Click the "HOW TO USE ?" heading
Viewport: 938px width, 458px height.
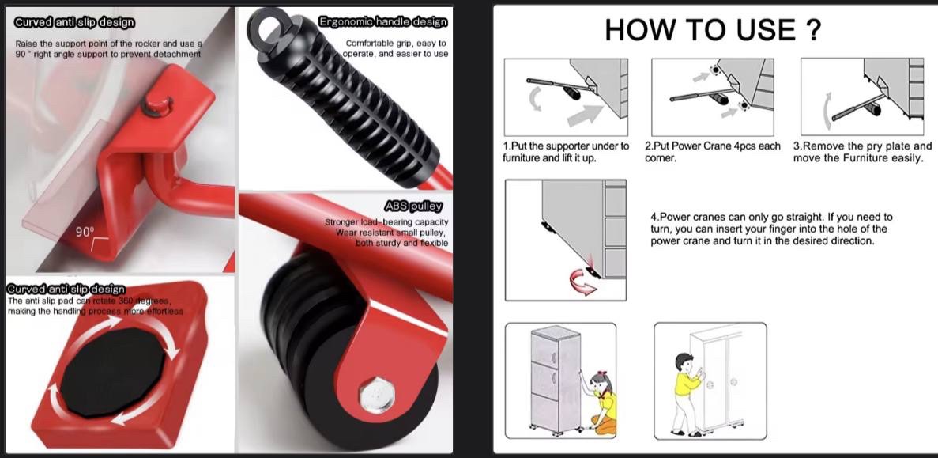(x=713, y=29)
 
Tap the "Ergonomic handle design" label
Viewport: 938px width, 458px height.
(x=382, y=22)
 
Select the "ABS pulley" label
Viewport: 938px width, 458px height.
(x=414, y=206)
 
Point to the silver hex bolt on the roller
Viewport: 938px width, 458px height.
(x=376, y=396)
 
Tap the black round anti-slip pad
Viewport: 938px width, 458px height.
(x=113, y=371)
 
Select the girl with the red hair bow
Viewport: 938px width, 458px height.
(x=598, y=403)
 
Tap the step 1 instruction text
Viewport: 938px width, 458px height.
(x=565, y=152)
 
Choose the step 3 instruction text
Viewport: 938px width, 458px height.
(x=862, y=152)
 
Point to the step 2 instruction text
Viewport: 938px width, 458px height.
(x=713, y=152)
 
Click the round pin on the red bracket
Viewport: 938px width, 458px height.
(x=157, y=104)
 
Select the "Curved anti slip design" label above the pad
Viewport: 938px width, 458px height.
(x=66, y=290)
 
